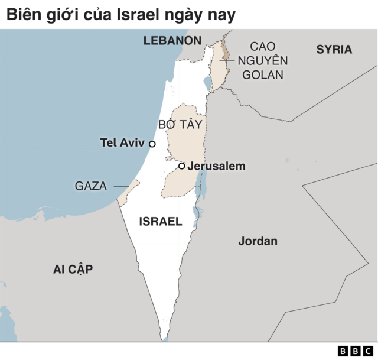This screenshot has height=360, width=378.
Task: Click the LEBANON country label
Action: (x=172, y=40)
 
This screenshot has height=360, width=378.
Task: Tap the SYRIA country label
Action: (x=334, y=50)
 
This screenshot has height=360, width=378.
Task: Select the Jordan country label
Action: (x=258, y=241)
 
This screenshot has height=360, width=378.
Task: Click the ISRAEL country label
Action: (x=160, y=222)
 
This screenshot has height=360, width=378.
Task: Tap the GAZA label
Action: (x=90, y=186)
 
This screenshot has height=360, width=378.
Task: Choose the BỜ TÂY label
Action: (x=180, y=125)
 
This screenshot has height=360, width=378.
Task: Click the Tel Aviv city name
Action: (x=122, y=143)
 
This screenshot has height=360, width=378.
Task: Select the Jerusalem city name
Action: (x=216, y=167)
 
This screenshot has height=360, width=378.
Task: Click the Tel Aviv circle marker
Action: (x=152, y=144)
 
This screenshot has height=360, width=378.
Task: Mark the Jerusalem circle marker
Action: (x=182, y=166)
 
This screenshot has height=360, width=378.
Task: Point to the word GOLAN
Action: (x=263, y=75)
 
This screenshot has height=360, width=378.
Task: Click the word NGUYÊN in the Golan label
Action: (x=263, y=61)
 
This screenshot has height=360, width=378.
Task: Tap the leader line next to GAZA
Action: (x=121, y=187)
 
